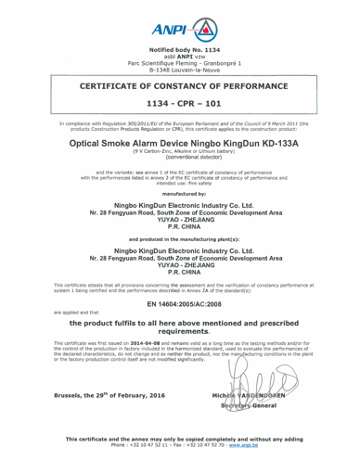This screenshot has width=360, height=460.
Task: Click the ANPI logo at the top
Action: tap(179, 21)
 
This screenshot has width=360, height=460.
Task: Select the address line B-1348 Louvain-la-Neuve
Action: tap(179, 68)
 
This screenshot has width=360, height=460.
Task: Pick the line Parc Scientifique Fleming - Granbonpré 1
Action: tap(179, 60)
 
